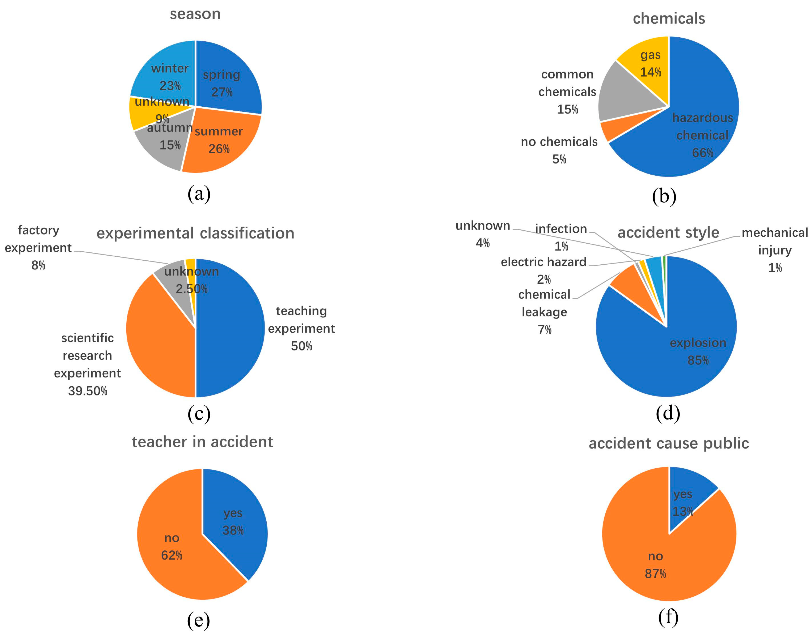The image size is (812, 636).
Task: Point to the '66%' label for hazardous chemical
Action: pos(702,153)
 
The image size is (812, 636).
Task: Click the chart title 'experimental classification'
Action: pos(195,234)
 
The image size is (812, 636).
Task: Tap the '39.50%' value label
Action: pos(88,391)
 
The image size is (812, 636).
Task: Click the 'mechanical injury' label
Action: pos(775,241)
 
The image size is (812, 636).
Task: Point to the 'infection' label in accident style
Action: pos(561,229)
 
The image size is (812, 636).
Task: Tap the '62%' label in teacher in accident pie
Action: pos(172,556)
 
